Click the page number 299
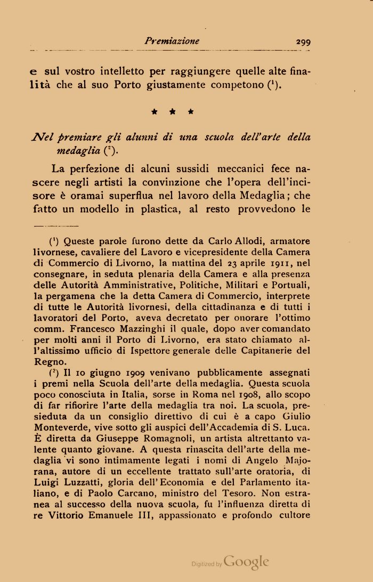[x=301, y=41]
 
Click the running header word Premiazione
[x=172, y=41]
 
